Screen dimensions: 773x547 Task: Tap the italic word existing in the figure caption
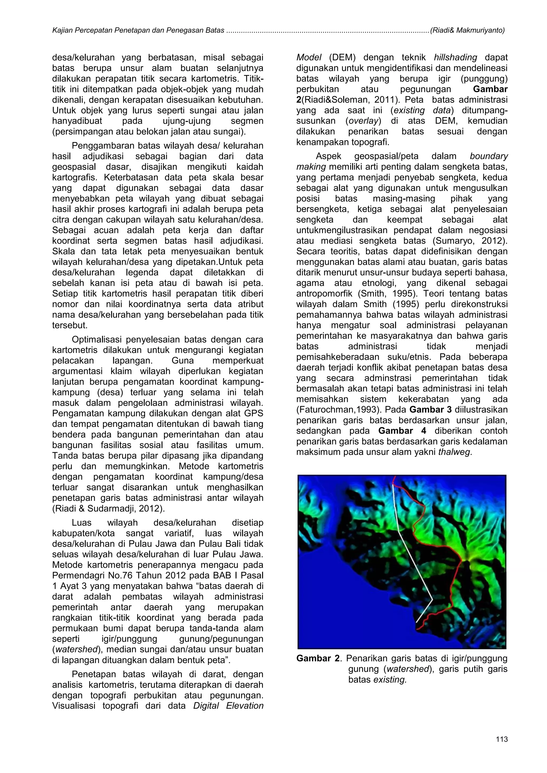pyautogui.click(x=390, y=679)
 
